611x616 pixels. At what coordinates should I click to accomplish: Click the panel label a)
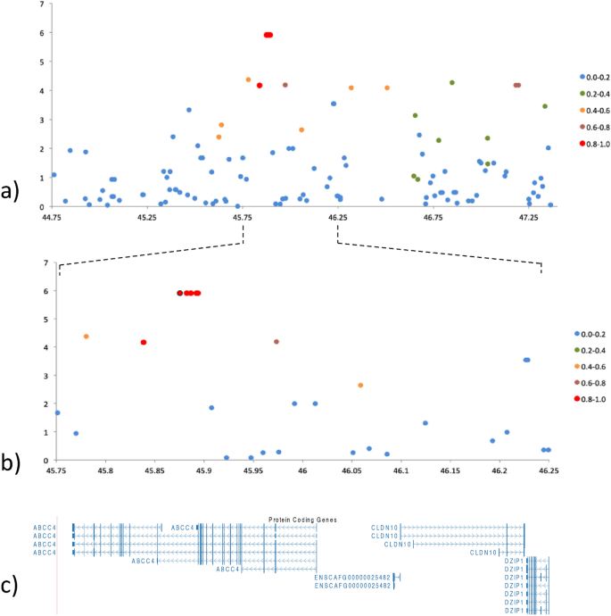tap(11, 191)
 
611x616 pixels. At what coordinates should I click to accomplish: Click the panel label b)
tap(11, 462)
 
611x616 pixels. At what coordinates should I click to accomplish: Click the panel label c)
tap(11, 587)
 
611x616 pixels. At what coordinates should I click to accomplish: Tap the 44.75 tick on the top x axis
tap(54, 217)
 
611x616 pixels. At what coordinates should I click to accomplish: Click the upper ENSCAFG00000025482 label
tap(352, 577)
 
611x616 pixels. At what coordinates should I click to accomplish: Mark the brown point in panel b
tap(277, 342)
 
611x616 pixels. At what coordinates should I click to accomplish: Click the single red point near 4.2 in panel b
tap(144, 342)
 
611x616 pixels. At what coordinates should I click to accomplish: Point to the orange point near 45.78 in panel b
tap(87, 337)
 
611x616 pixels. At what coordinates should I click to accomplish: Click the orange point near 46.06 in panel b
tap(360, 386)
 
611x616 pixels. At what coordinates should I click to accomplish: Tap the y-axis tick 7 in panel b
tap(45, 262)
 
